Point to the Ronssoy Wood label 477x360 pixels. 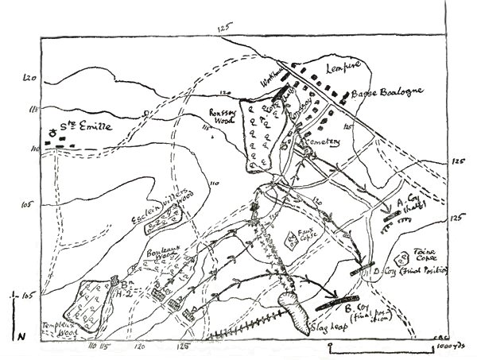tap(222, 116)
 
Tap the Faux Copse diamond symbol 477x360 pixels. tap(290, 238)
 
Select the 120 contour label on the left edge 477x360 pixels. tap(32, 78)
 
